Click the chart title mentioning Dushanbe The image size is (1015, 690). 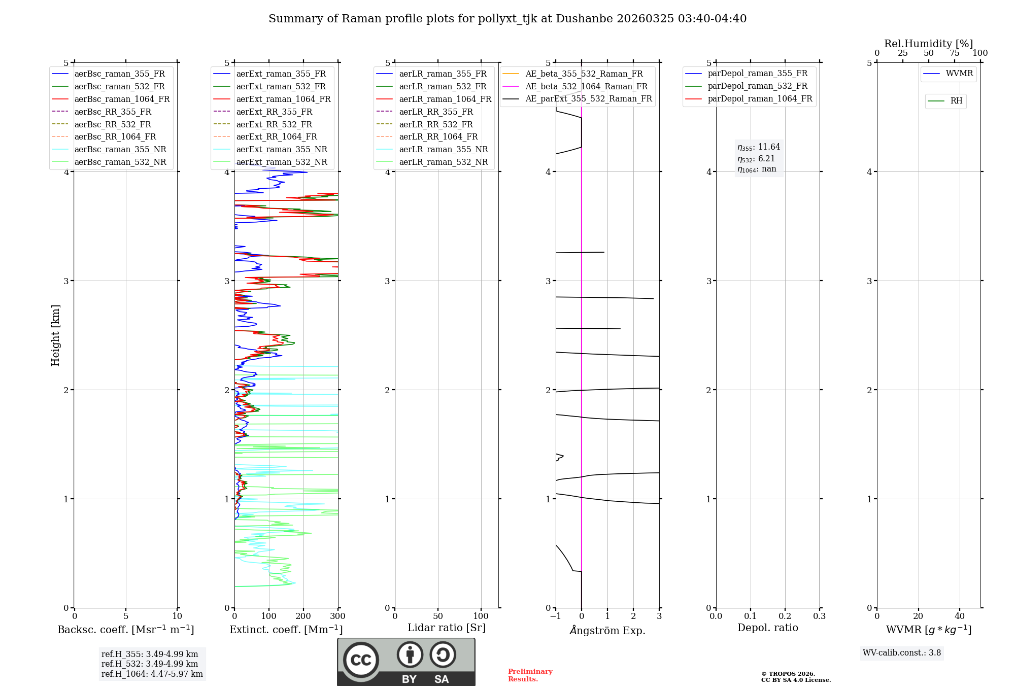(507, 19)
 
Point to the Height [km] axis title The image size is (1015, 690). (55, 335)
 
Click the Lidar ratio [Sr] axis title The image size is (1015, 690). (447, 628)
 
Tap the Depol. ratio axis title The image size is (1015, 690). (767, 628)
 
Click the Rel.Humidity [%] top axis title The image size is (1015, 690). (928, 44)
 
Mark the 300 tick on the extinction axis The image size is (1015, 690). (337, 616)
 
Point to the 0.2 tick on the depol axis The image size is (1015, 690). (785, 616)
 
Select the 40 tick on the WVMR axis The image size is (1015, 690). (959, 616)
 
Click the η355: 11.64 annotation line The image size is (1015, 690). (759, 147)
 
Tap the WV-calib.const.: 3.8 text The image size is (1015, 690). (901, 653)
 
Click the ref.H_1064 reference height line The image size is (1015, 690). (152, 674)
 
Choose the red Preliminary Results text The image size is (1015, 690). (530, 675)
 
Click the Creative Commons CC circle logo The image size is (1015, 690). (361, 660)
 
